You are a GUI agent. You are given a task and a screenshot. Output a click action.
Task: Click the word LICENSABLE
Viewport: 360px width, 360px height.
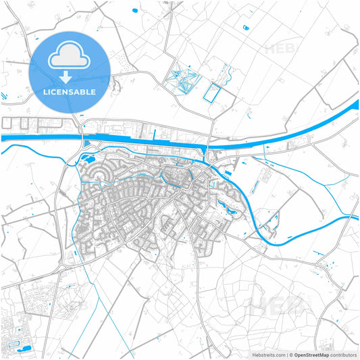(x=70, y=91)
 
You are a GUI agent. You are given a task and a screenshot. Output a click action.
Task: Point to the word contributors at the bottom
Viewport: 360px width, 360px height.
(x=343, y=354)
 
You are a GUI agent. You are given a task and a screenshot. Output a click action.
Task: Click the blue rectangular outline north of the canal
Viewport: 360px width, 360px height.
(x=213, y=92)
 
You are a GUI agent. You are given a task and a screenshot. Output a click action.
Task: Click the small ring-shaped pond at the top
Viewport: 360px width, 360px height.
(x=245, y=28)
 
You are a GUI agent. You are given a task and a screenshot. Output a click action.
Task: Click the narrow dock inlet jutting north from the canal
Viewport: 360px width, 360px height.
(x=155, y=134)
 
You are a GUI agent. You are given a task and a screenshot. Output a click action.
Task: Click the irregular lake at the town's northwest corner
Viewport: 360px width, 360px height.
(x=86, y=159)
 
